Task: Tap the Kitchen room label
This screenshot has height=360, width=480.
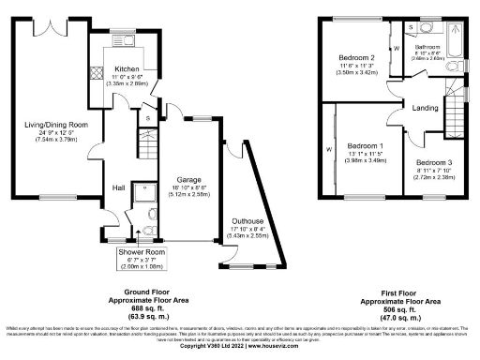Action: [x=127, y=69]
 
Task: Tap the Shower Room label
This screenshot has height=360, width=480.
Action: [x=137, y=253]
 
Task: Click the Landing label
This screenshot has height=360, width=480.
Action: [x=425, y=109]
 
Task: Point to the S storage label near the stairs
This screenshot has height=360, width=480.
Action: [x=148, y=118]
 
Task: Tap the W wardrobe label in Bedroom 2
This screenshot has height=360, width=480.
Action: [x=396, y=48]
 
